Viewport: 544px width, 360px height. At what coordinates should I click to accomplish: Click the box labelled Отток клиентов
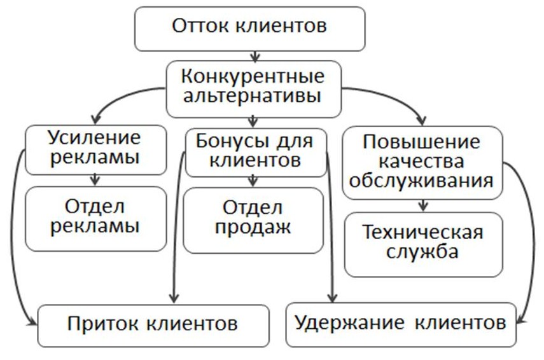[250, 29]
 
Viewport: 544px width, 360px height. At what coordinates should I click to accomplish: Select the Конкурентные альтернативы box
[254, 89]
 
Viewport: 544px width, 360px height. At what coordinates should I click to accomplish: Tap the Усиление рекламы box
[95, 150]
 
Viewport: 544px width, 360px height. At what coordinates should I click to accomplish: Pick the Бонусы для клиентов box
[256, 153]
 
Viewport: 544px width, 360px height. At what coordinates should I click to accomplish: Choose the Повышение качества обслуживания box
[422, 163]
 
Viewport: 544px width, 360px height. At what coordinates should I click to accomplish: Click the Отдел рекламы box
[95, 219]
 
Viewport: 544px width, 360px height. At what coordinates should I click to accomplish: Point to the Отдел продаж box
[253, 221]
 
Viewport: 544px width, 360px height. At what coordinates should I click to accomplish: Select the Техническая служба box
[424, 245]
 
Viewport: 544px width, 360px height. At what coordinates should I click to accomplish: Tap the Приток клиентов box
[153, 326]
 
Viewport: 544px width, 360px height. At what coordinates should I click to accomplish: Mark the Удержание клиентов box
[401, 325]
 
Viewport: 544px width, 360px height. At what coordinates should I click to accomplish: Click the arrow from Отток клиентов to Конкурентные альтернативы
[255, 57]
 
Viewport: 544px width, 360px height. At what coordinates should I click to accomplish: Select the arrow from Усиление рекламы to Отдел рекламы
[95, 180]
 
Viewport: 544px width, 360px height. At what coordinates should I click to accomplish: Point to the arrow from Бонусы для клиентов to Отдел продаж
[253, 182]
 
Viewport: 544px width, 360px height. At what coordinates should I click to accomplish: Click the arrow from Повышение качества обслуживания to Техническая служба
[422, 205]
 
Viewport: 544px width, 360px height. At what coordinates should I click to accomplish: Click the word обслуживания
[421, 181]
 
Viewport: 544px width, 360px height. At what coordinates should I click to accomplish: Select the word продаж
[253, 228]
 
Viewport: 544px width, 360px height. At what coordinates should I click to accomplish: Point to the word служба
[422, 252]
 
